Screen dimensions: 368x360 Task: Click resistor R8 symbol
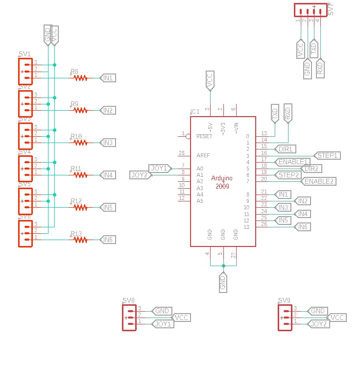pos(80,77)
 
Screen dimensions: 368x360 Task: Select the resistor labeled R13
pos(80,240)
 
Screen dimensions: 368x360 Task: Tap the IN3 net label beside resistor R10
pos(107,143)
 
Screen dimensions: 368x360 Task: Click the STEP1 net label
pos(327,155)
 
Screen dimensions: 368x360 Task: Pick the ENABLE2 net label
pos(319,181)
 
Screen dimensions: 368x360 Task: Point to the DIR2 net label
pos(311,169)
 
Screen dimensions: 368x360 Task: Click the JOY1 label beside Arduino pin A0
pos(159,168)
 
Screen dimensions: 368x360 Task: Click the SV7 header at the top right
pos(310,10)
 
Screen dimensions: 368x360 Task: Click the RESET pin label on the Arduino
pos(204,136)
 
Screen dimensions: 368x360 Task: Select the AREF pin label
pos(203,155)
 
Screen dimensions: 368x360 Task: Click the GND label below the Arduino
pos(223,283)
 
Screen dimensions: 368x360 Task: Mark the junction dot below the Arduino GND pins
pos(223,266)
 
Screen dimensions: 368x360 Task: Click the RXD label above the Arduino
pos(288,114)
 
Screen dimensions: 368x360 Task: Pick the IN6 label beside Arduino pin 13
pos(302,227)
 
